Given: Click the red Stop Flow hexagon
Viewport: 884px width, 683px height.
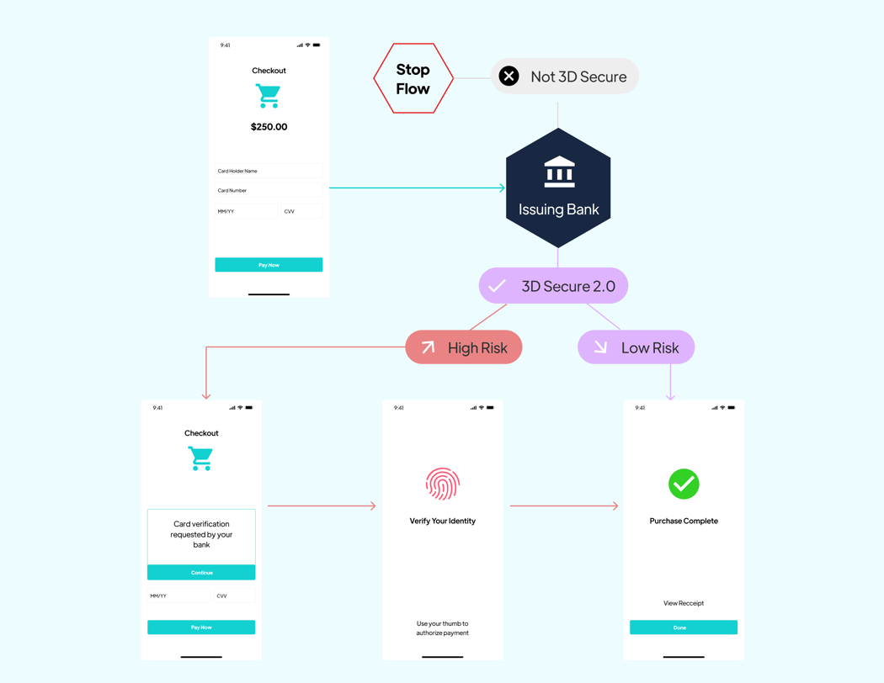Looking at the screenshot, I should (x=413, y=78).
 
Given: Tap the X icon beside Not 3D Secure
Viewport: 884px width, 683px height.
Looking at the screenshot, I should (x=509, y=77).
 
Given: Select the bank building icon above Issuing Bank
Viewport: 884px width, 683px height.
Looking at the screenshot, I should (x=559, y=172).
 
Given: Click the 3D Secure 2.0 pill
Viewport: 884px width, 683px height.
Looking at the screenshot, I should (x=553, y=286).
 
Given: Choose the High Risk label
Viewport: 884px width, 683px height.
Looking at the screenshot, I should (x=464, y=347).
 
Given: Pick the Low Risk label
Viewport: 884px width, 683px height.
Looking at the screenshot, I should (x=636, y=347).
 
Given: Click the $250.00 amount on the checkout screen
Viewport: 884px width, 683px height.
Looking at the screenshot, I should (x=269, y=127).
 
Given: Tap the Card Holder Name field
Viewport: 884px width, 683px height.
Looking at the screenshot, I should (x=269, y=171).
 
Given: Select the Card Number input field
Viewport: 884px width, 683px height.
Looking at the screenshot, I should (x=269, y=191).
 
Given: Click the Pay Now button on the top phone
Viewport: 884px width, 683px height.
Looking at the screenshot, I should (x=269, y=265).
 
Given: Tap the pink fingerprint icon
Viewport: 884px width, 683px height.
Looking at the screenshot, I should (x=442, y=484).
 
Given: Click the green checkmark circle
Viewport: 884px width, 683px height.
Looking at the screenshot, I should (x=684, y=484).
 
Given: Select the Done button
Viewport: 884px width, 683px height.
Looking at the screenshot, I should (x=683, y=627).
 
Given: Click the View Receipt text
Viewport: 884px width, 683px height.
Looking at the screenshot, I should (x=683, y=603).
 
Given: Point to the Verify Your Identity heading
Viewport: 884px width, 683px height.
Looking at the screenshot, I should (x=442, y=522).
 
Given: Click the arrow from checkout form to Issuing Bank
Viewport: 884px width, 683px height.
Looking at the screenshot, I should (x=417, y=188).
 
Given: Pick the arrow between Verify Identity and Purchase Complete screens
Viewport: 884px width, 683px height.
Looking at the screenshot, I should (x=564, y=506).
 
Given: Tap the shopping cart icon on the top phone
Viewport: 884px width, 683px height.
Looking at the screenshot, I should (x=268, y=96).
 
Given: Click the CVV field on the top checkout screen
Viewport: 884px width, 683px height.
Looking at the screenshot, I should (x=301, y=211).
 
